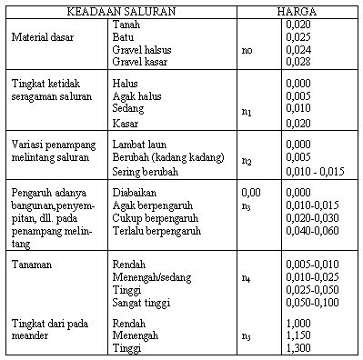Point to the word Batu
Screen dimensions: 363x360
point(121,37)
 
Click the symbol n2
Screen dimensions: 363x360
point(247,160)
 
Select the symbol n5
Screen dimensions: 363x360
point(247,336)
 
